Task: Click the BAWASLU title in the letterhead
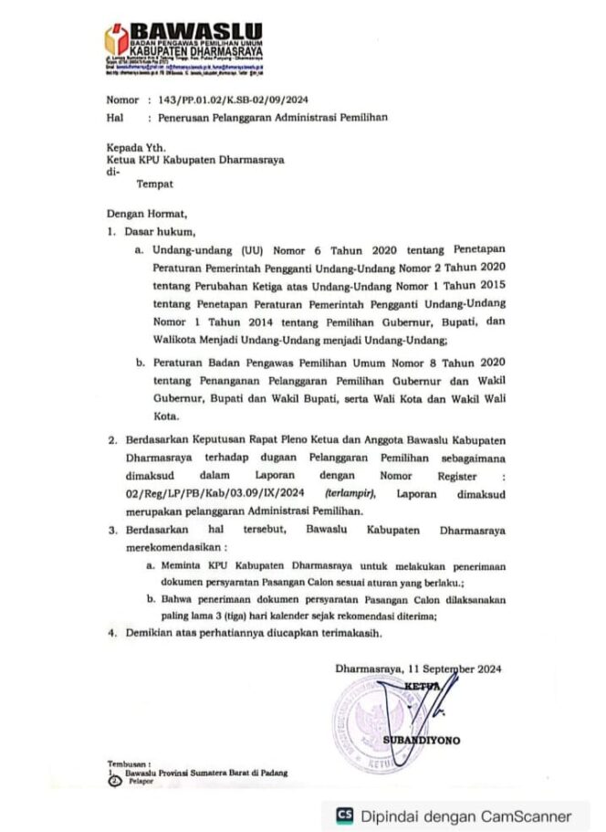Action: tap(195, 34)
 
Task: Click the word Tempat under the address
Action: tap(154, 184)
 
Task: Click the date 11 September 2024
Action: tap(454, 669)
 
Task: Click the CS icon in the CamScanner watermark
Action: tap(345, 816)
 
